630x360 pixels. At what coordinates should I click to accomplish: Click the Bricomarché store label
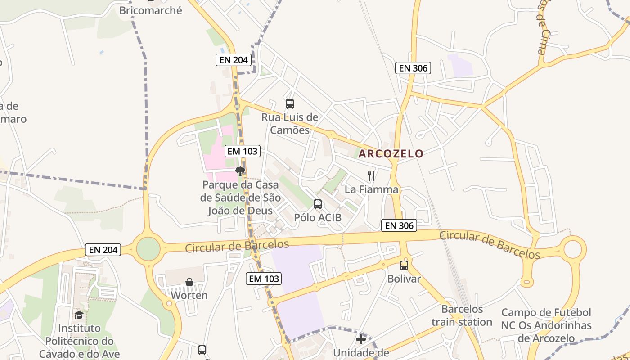coord(150,10)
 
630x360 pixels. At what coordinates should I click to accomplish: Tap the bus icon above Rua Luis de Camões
coord(290,104)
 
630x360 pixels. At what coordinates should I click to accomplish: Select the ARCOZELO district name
coord(391,153)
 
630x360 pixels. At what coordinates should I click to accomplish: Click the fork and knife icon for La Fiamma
coord(371,176)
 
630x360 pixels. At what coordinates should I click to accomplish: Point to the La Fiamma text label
coord(371,189)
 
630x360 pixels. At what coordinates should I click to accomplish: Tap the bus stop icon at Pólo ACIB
coord(318,204)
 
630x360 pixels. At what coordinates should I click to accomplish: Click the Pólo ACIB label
coord(318,218)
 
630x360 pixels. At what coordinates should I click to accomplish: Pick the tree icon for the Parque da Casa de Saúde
coord(240,171)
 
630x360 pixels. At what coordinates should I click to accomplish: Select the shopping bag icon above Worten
coord(189,282)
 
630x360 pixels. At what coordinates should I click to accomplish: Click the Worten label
coord(189,296)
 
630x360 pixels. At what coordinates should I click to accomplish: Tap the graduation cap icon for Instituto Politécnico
coord(79,315)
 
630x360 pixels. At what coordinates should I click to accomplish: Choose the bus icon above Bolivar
coord(404,265)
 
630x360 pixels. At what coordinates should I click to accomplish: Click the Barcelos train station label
coord(462,315)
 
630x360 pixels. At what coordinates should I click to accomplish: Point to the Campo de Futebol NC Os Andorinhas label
coord(546,325)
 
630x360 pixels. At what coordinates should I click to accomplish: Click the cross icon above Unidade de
coord(361,339)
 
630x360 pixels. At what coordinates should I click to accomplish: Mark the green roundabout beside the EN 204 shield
coord(148,249)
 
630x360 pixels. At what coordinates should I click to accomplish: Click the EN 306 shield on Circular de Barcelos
coord(399,225)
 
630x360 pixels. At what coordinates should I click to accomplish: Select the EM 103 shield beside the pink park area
coord(243,151)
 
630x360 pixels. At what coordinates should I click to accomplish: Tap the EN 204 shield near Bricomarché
coord(233,60)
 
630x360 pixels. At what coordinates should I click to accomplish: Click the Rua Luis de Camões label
coord(290,124)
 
